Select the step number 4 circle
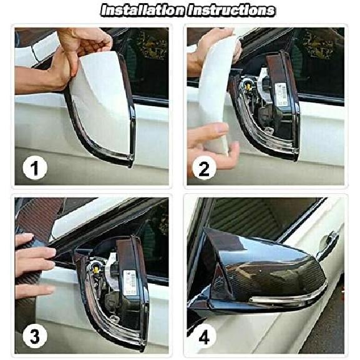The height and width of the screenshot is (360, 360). [205, 336]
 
